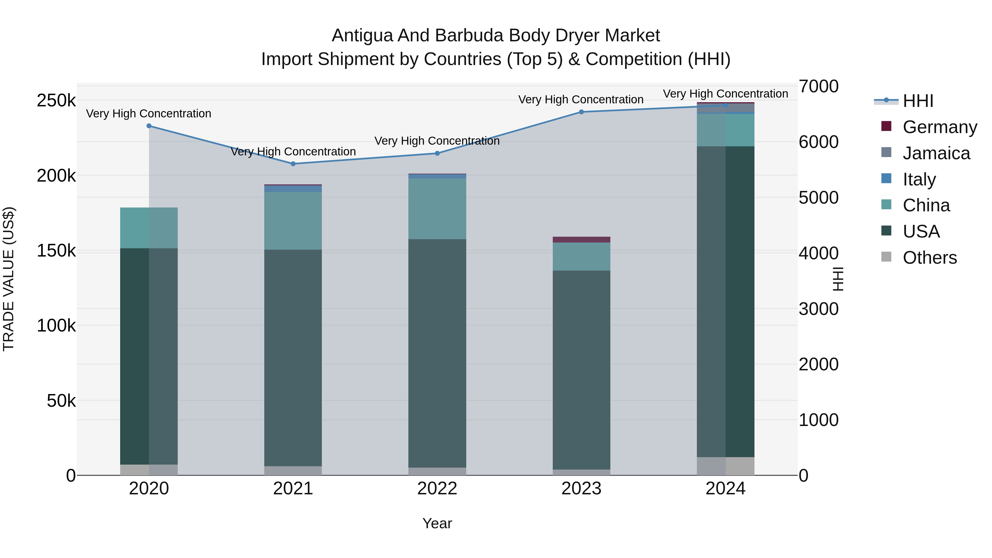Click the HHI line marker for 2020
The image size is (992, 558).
coord(149,126)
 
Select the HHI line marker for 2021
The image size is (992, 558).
coord(293,164)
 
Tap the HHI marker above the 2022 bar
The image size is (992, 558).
coord(437,153)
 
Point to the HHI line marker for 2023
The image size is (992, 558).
coord(581,112)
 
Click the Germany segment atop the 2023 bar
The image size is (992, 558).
coord(581,239)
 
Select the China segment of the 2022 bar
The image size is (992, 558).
coord(437,208)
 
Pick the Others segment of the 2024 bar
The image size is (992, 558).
coord(726,466)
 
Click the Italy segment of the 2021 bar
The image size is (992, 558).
coord(293,189)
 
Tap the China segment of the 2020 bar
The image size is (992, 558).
coord(149,228)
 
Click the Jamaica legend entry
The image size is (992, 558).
coord(936,153)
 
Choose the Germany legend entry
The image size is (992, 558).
coord(939,127)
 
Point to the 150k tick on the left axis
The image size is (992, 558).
coord(56,251)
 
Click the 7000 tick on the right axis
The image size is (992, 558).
coord(818,86)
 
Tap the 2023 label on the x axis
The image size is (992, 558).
coord(581,489)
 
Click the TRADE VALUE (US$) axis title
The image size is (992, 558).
coord(9,279)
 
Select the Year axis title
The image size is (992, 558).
coord(437,523)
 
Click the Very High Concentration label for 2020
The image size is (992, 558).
coord(149,114)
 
